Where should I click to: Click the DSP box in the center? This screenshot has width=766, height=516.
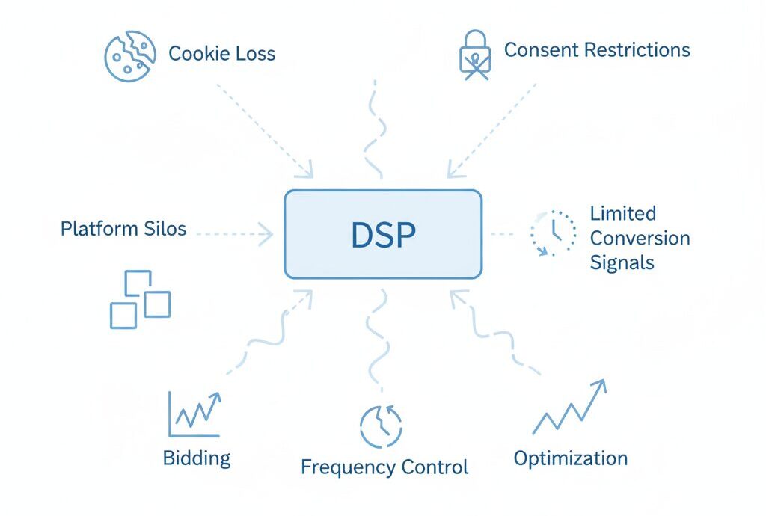click(x=383, y=234)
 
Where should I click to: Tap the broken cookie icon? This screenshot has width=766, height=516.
click(x=129, y=55)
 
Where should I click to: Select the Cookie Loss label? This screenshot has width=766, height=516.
click(x=221, y=54)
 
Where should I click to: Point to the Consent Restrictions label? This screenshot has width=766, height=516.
click(x=596, y=50)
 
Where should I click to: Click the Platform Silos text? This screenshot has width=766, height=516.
click(x=123, y=228)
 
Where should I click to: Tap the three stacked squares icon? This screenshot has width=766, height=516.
click(x=140, y=299)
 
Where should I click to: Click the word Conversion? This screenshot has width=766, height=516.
click(x=640, y=238)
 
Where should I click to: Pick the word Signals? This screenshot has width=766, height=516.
click(x=622, y=262)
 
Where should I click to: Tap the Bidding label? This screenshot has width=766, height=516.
click(x=197, y=458)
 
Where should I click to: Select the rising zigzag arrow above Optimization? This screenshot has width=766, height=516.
click(x=569, y=407)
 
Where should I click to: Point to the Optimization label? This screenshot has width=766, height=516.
click(x=570, y=458)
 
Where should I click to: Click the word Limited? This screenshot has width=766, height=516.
click(x=622, y=213)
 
